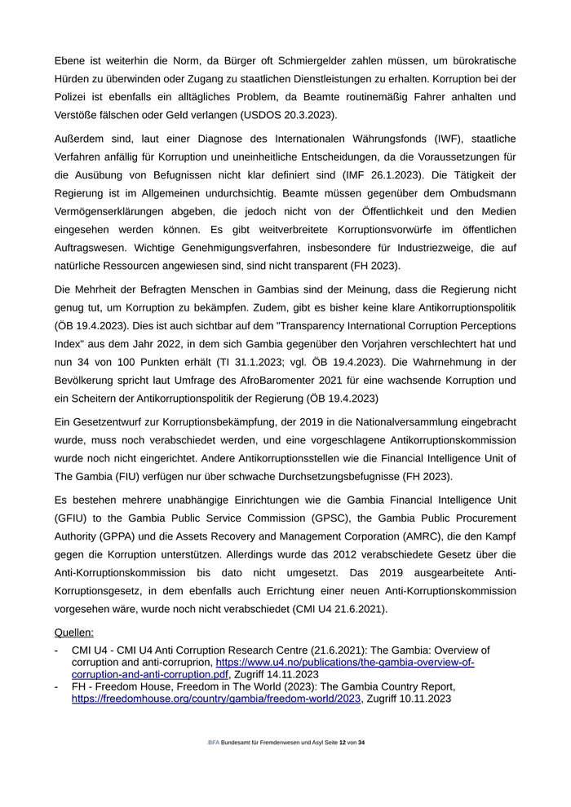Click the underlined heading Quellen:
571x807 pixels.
click(73, 632)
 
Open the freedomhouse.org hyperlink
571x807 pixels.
click(216, 699)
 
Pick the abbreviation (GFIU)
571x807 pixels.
click(74, 518)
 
